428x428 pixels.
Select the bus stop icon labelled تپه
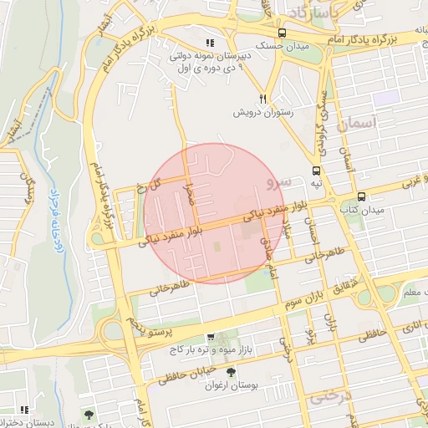coord(316,170)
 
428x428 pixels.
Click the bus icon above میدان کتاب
coord(361,197)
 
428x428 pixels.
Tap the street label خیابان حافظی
coord(181,371)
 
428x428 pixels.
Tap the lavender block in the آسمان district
coord(385,98)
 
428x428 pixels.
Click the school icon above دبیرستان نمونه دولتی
coord(211,43)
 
